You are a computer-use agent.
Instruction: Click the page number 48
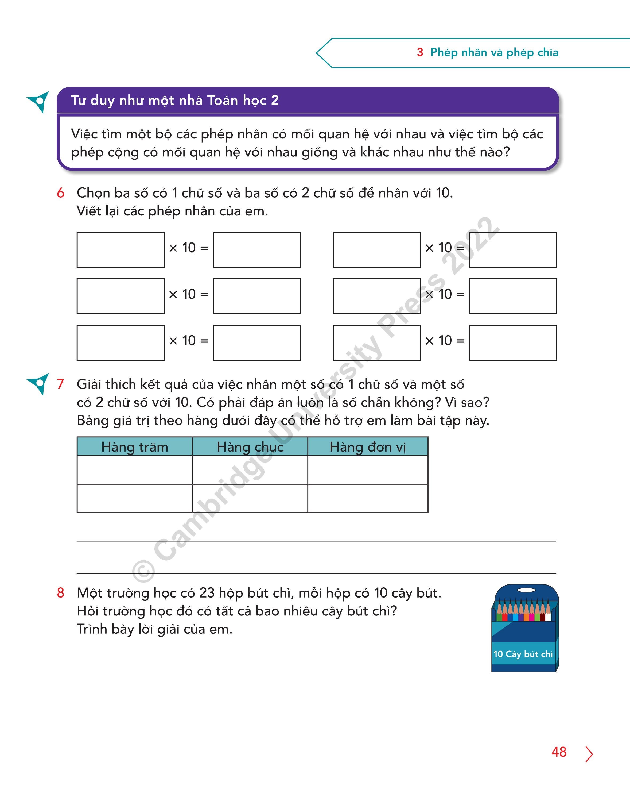559,752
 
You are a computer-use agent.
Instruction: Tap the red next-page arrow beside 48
589,754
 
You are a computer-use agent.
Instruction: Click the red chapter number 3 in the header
420,52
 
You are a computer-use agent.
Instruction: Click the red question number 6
60,193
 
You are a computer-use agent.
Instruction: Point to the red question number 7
60,384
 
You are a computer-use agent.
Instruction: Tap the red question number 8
60,592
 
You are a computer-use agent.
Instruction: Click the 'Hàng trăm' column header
135,447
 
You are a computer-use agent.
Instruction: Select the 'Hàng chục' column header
250,447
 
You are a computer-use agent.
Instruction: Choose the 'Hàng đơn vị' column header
368,447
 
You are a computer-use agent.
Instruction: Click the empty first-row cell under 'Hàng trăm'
135,470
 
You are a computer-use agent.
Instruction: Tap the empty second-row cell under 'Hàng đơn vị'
368,498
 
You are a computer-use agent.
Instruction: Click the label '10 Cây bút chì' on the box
523,654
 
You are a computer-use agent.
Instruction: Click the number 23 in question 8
207,593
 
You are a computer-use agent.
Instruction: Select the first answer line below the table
316,541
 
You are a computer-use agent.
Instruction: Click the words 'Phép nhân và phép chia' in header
494,52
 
